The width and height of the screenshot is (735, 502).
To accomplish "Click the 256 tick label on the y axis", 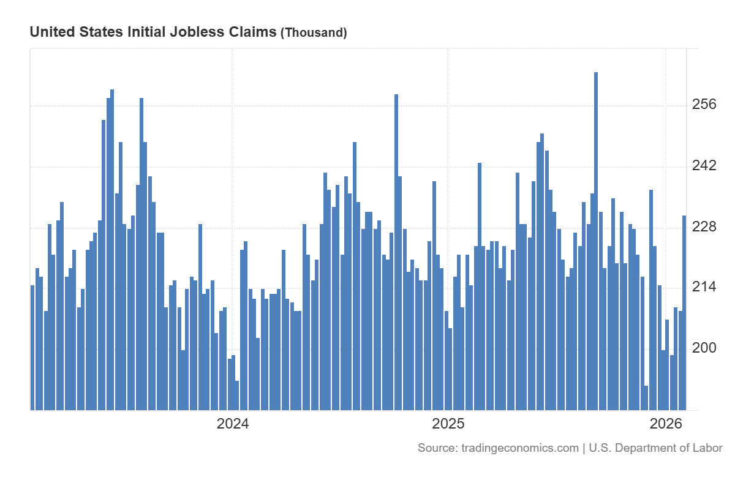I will (704, 105).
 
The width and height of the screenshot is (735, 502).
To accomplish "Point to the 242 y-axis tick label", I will (704, 166).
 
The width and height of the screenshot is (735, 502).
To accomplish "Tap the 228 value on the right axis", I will (704, 227).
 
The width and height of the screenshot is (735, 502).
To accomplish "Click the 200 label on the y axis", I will (704, 347).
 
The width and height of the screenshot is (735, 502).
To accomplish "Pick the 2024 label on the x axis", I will (233, 424).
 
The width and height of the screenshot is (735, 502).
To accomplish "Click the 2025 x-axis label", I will (448, 424).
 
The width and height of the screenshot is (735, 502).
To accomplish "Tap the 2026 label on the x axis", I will (666, 424).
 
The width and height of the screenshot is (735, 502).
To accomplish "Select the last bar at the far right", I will (684, 312).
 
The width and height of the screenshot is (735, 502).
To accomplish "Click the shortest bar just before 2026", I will (646, 397).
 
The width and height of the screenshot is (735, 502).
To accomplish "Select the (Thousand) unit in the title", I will (314, 33).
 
